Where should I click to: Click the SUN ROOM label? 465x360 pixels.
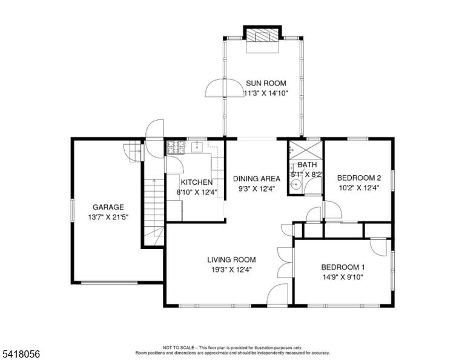(266, 83)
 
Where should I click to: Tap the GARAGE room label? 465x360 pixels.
(108, 207)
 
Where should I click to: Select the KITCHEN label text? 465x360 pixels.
(197, 182)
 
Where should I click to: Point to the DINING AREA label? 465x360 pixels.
(257, 179)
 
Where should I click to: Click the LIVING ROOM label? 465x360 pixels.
(231, 259)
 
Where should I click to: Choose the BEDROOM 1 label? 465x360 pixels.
(343, 267)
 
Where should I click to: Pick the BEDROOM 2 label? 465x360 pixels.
(359, 178)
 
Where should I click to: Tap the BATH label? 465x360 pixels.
(307, 164)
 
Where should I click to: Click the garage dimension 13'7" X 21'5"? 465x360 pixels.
(108, 217)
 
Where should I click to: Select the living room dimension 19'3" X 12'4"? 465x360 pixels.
(231, 270)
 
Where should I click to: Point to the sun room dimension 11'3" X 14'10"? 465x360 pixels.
(266, 93)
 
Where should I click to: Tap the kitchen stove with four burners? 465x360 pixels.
(176, 147)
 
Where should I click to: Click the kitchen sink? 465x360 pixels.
(197, 147)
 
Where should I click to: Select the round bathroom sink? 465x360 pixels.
(295, 185)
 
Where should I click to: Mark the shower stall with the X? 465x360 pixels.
(306, 150)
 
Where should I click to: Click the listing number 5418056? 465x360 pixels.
(21, 354)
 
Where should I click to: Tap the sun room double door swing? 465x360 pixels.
(224, 87)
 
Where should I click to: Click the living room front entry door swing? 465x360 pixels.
(277, 294)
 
